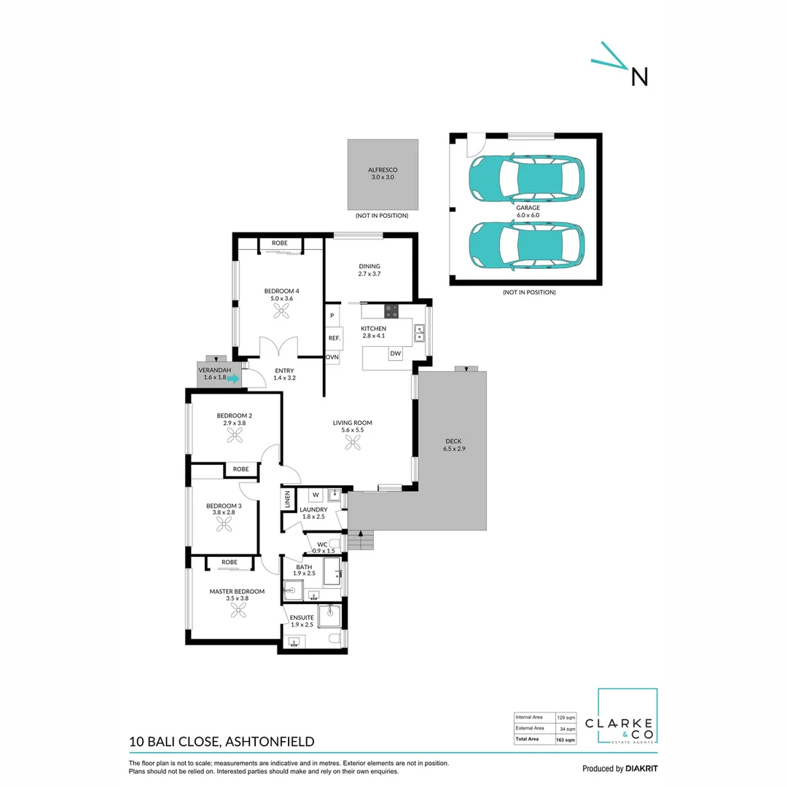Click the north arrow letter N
click(639, 77)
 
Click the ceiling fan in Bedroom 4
click(282, 310)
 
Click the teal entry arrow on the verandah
click(231, 378)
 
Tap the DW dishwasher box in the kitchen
click(396, 353)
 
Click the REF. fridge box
click(334, 338)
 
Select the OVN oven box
click(332, 357)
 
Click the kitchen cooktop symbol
click(391, 310)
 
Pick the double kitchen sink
click(420, 333)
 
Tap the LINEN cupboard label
click(287, 499)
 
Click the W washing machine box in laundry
click(316, 496)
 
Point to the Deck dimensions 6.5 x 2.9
click(453, 449)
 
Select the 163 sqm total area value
click(566, 740)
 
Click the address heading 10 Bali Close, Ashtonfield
click(222, 742)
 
